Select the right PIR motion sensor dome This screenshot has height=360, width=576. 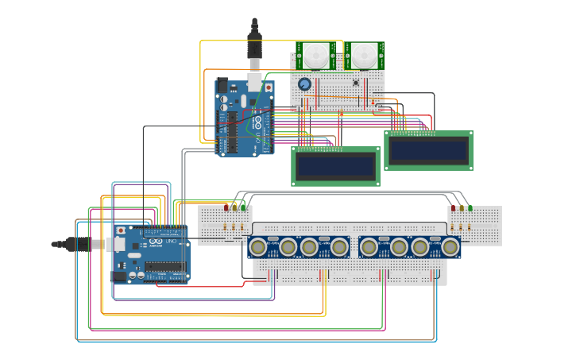coord(364,56)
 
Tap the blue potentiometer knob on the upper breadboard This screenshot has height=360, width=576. coord(304,84)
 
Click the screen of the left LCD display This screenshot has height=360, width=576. coord(335,166)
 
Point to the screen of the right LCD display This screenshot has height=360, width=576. coord(427,150)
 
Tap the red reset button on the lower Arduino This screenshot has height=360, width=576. coord(121,231)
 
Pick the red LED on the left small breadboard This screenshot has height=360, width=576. coord(226,207)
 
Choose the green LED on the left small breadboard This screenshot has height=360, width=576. coord(243,207)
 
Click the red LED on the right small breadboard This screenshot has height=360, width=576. coord(454,208)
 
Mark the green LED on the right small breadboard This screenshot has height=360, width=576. coord(470,208)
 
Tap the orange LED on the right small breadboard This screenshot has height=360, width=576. coord(462,208)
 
